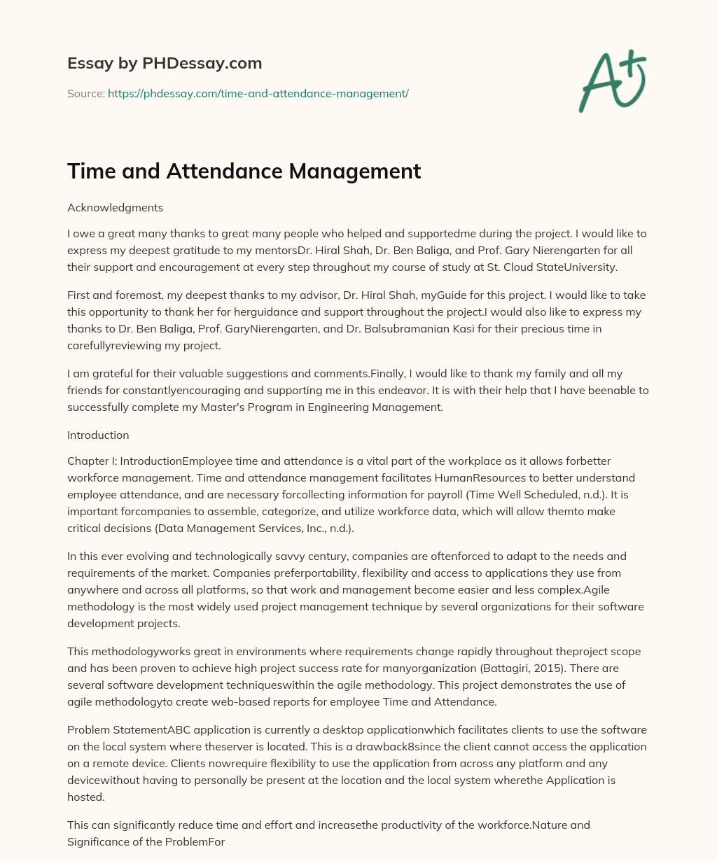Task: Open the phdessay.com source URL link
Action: pos(258,93)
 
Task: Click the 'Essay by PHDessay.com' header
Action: pos(165,63)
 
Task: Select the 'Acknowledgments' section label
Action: pos(115,207)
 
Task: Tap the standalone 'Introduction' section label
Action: pos(98,435)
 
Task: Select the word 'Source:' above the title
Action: pos(85,93)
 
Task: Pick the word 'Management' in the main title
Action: pos(363,171)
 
